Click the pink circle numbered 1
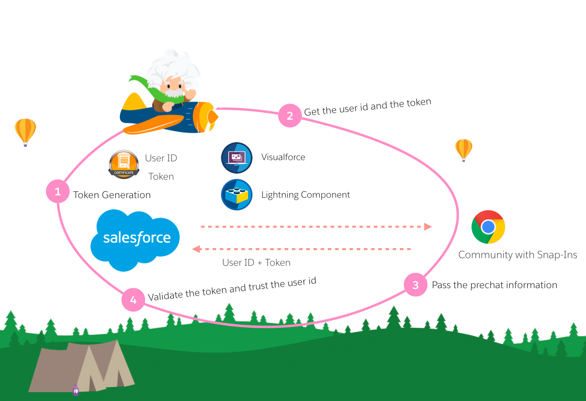click(x=58, y=191)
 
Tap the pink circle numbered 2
click(x=290, y=116)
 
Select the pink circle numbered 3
click(x=415, y=285)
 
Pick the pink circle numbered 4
click(x=133, y=300)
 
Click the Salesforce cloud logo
click(x=135, y=239)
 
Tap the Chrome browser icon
click(x=488, y=227)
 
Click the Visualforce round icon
click(x=237, y=158)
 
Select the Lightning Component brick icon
click(x=237, y=195)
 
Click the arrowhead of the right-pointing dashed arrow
click(x=428, y=227)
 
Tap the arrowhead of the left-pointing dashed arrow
click(x=196, y=249)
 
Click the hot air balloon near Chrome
click(x=464, y=149)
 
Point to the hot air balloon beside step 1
click(x=25, y=131)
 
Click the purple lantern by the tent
click(x=76, y=389)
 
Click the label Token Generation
click(x=112, y=195)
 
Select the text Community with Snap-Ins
click(x=518, y=255)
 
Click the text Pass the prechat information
click(x=494, y=285)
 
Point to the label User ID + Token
click(x=256, y=263)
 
